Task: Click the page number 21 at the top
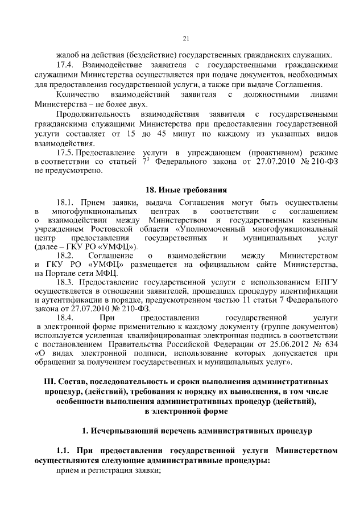(185, 39)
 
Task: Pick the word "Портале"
(59, 274)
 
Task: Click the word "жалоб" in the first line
(67, 55)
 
